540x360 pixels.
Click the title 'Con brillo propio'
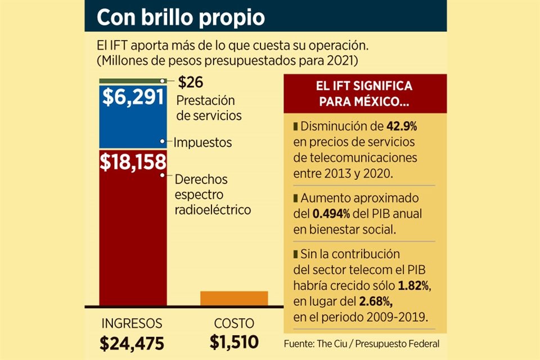click(180, 17)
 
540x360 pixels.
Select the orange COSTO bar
click(234, 298)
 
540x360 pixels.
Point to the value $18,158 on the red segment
click(133, 161)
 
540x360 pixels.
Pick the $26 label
click(190, 83)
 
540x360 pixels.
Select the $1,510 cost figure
click(234, 342)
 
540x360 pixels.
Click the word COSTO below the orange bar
click(234, 323)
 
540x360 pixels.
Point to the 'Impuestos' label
click(202, 142)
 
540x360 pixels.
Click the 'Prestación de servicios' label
click(209, 108)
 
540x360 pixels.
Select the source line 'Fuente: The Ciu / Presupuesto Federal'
click(362, 343)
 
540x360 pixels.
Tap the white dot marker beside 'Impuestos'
click(162, 142)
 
